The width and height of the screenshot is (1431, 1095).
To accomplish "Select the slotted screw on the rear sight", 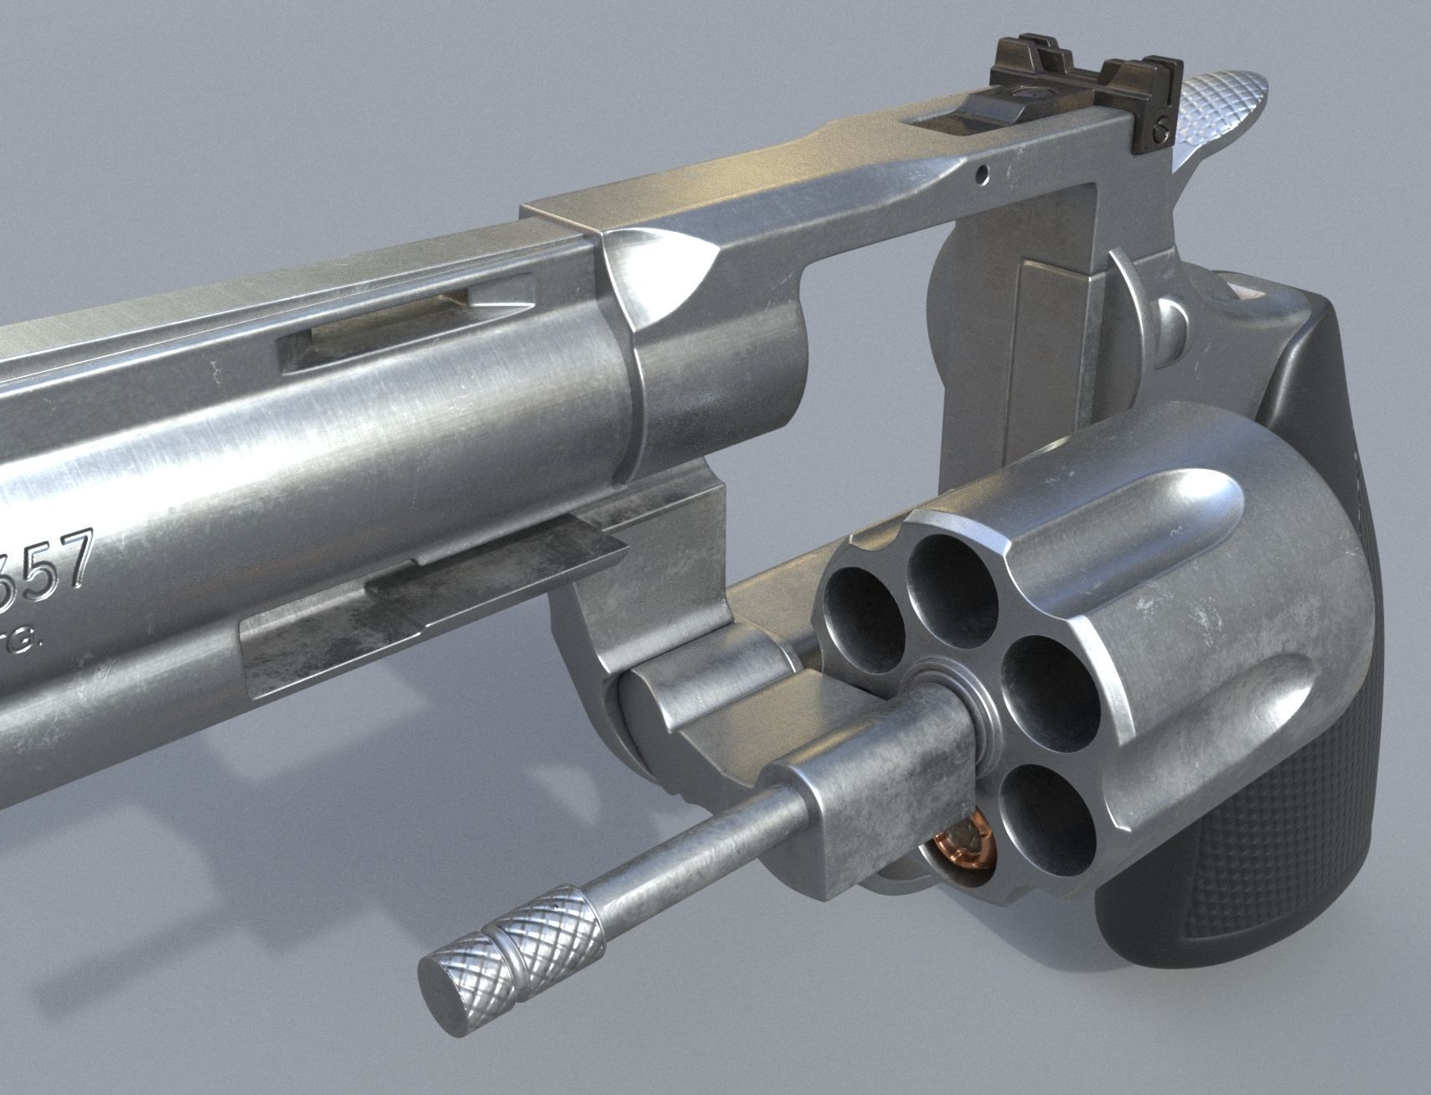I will (1160, 128).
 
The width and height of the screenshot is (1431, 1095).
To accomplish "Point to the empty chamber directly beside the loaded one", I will (1043, 821).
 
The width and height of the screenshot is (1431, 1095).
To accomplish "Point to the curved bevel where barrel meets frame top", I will (654, 276).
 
